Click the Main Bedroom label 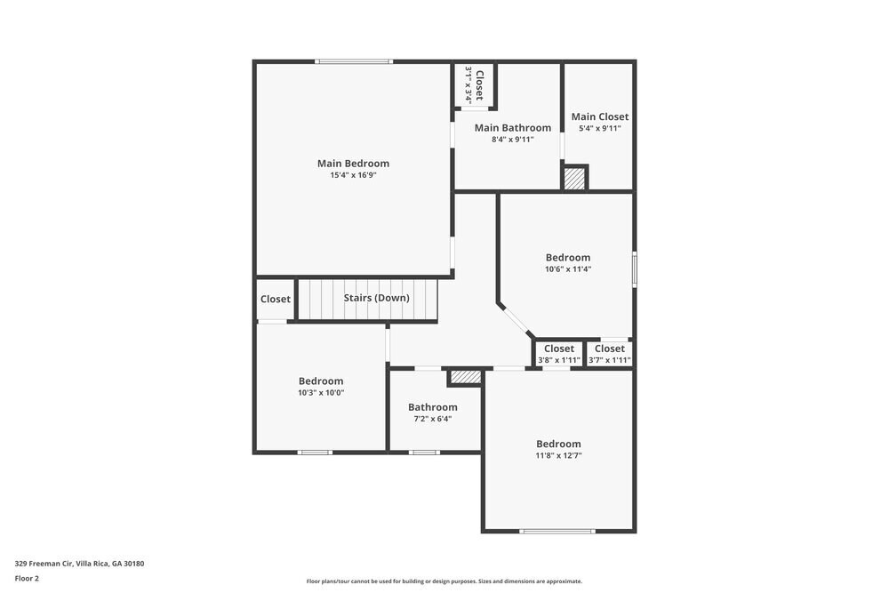pos(353,164)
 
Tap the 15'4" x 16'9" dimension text pos(353,175)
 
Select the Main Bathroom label pos(512,128)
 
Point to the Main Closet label pos(599,116)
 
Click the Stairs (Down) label pos(376,298)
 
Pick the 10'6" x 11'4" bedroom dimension pos(568,269)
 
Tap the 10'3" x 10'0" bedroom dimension pos(321,393)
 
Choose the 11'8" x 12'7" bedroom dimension pos(558,456)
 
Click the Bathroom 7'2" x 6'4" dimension pos(432,419)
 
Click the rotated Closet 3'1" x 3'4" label pos(474,86)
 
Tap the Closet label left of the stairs pos(275,300)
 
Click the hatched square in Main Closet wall pos(575,178)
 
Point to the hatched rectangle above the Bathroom pos(465,378)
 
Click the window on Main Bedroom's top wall pos(353,61)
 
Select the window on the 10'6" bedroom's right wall pos(634,268)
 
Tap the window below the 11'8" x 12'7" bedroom pos(557,531)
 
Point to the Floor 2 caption pos(27,578)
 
